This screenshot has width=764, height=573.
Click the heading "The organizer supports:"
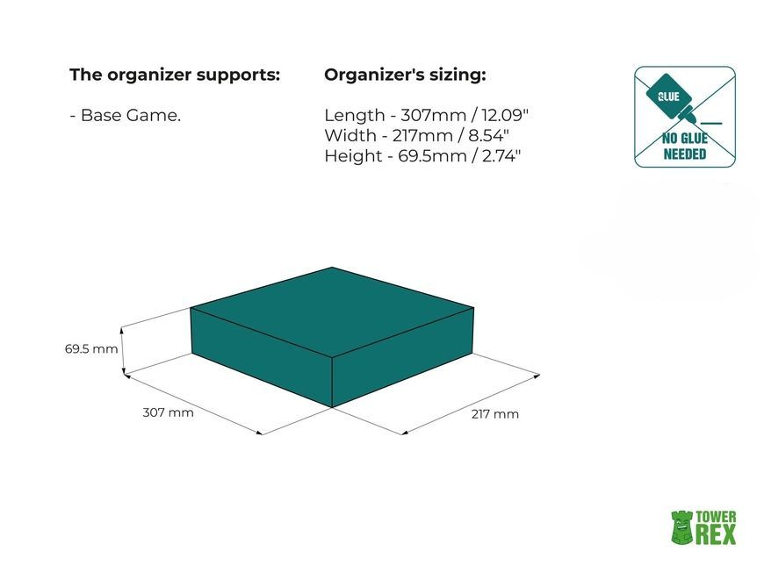pyautogui.click(x=175, y=75)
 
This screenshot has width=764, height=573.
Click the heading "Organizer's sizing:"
pyautogui.click(x=405, y=75)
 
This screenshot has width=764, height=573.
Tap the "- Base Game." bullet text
pyautogui.click(x=126, y=115)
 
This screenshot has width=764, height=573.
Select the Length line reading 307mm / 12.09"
pyautogui.click(x=426, y=115)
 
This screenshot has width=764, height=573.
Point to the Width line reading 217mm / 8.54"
pyautogui.click(x=416, y=135)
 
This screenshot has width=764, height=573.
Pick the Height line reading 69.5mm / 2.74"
pyautogui.click(x=422, y=156)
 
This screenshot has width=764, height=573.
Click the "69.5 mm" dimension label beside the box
pyautogui.click(x=91, y=349)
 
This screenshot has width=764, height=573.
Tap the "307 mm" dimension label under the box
pyautogui.click(x=168, y=412)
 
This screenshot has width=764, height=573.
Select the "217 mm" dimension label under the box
pyautogui.click(x=494, y=414)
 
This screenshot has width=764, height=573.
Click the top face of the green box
pyautogui.click(x=332, y=312)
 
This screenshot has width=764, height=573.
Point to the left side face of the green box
pyautogui.click(x=262, y=357)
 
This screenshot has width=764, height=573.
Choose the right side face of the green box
pyautogui.click(x=403, y=357)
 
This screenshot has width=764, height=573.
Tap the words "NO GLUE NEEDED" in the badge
pyautogui.click(x=685, y=147)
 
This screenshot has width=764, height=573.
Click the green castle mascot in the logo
pyautogui.click(x=681, y=527)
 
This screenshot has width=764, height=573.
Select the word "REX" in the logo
pyautogui.click(x=716, y=534)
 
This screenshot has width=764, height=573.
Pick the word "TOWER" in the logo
pyautogui.click(x=716, y=517)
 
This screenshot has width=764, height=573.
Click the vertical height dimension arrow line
pyautogui.click(x=123, y=350)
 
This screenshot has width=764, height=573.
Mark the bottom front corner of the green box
pyautogui.click(x=332, y=407)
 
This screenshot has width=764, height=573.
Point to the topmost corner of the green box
pyautogui.click(x=332, y=267)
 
